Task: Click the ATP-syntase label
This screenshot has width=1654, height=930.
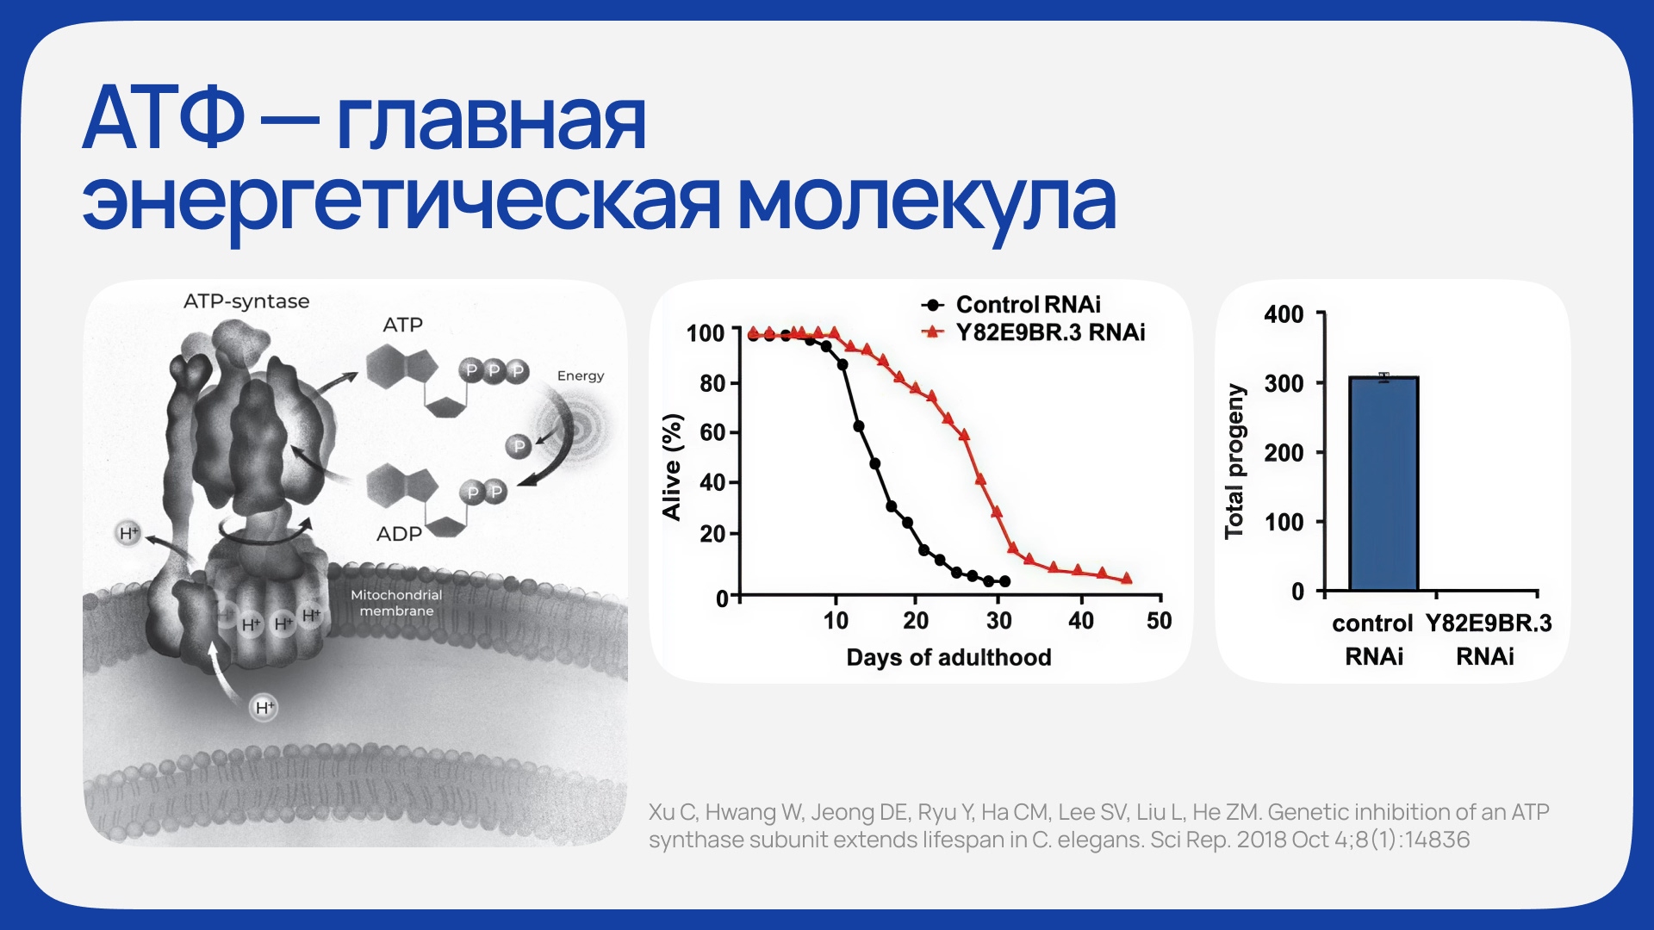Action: pos(246,301)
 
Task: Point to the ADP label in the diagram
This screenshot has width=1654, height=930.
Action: pos(399,534)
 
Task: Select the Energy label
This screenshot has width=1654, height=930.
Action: pos(581,375)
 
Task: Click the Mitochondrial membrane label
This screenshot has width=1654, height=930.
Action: pos(396,603)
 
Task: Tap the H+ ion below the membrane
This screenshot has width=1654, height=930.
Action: pos(264,708)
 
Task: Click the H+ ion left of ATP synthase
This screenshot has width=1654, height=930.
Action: pos(128,533)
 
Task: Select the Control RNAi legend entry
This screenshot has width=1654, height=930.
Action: pos(1011,305)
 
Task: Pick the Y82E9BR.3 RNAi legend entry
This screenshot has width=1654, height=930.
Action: pos(1034,332)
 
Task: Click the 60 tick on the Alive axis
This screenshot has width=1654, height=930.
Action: pos(712,432)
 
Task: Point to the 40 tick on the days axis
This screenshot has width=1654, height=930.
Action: pos(1080,620)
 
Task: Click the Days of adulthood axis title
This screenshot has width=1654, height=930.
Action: pos(948,658)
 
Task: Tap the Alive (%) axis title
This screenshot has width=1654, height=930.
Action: pos(671,467)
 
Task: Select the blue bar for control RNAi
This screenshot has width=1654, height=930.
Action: pos(1384,484)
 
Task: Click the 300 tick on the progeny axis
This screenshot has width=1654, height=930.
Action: pos(1284,383)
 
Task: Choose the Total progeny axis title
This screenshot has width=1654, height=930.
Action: pos(1234,462)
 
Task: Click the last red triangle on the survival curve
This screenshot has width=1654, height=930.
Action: pos(1126,579)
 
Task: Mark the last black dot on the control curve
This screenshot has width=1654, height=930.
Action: pos(1004,582)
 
